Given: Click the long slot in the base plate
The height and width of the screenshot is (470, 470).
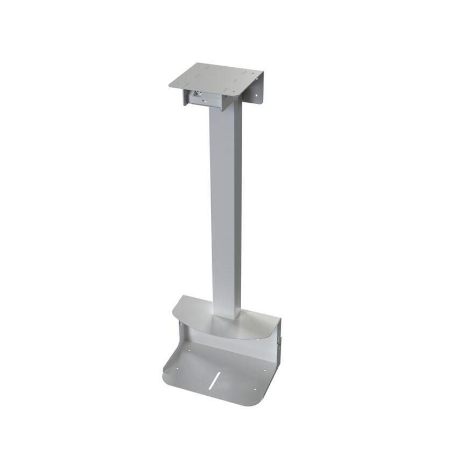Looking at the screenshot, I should (216, 379).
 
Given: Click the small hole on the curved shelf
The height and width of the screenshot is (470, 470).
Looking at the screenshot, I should (257, 339).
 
